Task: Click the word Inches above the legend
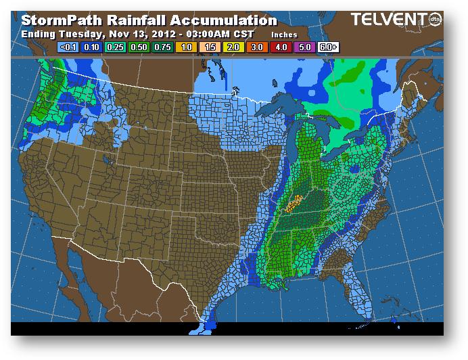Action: [285, 34]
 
